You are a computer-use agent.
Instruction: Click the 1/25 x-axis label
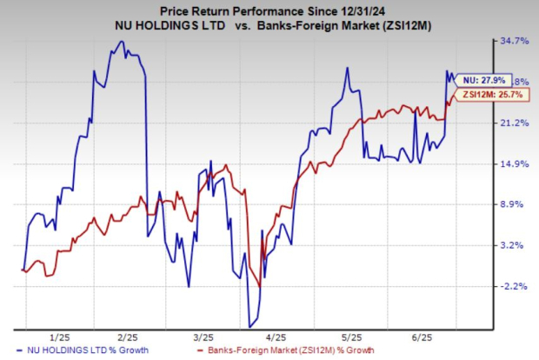click(x=59, y=337)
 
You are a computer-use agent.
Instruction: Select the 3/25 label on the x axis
click(x=203, y=337)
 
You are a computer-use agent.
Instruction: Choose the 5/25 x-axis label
click(x=351, y=337)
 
